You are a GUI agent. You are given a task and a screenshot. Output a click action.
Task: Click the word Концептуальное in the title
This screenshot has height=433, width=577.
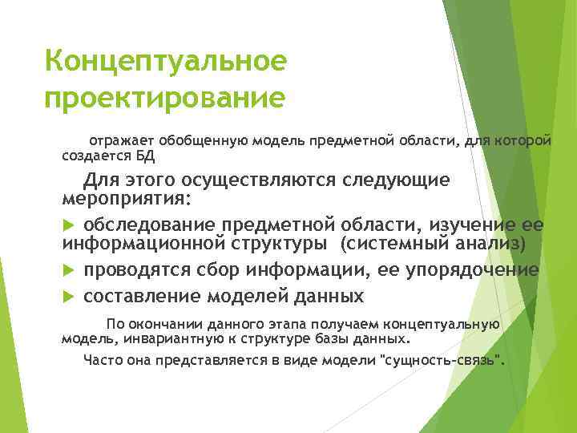(165, 62)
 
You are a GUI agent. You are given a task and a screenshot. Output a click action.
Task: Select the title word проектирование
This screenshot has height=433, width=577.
(165, 99)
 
